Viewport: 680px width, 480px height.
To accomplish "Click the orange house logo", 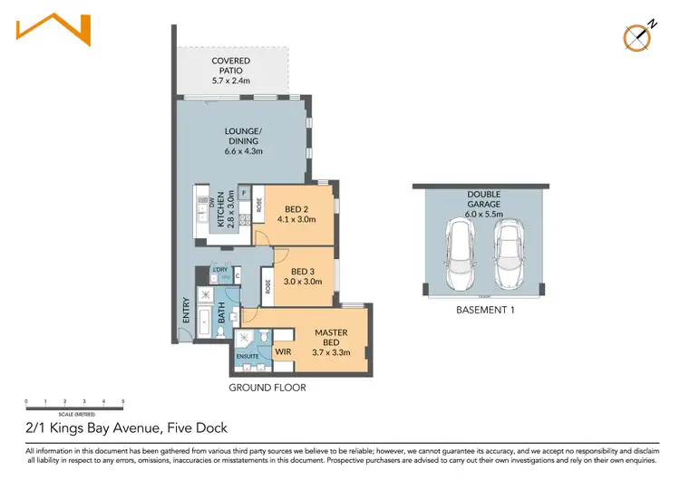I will click(x=53, y=29).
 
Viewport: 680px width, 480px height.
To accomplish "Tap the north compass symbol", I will click(x=638, y=36).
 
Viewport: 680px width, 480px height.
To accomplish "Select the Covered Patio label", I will click(x=231, y=71).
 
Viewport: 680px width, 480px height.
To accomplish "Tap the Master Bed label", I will click(x=331, y=339).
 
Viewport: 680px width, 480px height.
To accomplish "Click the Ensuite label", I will click(x=248, y=356).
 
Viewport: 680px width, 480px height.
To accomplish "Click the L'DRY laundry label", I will click(x=219, y=270).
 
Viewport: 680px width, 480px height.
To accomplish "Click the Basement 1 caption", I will click(x=481, y=311).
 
